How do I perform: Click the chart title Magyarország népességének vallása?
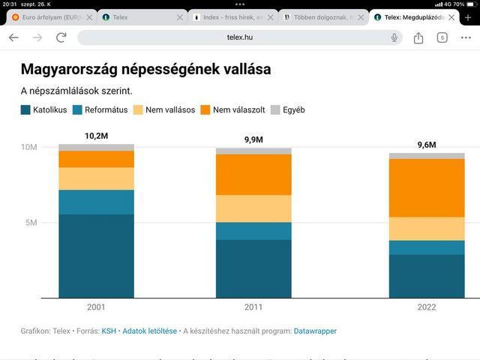coord(145,70)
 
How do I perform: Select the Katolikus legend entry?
coord(44,110)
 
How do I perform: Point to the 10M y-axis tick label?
coord(28,147)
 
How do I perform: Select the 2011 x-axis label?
coord(253,307)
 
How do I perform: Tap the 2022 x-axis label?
coord(427,307)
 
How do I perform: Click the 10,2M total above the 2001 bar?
coord(96,136)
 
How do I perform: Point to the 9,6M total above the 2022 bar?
coord(427,145)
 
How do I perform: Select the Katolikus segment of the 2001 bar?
coord(96,256)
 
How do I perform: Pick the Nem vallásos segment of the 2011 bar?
coord(253,208)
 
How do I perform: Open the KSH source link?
coord(109,331)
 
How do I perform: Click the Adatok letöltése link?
coord(149,331)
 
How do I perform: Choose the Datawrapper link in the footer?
coord(315,331)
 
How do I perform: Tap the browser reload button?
coord(61,37)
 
